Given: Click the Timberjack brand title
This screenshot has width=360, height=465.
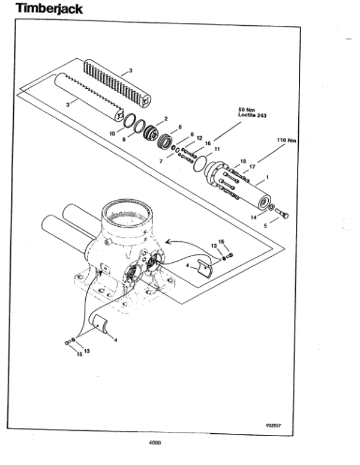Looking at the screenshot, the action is point(49,8).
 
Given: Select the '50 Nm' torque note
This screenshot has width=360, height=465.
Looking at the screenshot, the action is point(247,110).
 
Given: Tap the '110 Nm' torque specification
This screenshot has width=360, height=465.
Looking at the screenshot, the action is point(286,140).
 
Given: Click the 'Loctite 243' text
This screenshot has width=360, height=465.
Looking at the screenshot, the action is point(253,115).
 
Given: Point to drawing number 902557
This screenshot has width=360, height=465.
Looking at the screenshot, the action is point(273,425).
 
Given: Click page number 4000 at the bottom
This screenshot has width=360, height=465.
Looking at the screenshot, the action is point(154,443).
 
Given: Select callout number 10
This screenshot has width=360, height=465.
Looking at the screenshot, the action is point(112,134).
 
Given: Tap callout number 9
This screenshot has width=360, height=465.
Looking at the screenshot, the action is point(124,139).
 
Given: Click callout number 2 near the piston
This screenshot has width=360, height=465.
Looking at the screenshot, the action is point(166,119).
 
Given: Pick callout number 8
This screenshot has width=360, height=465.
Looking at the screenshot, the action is point(180,127).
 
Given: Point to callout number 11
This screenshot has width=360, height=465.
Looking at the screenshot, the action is point(217,149).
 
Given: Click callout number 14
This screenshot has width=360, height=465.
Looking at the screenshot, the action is point(254,217).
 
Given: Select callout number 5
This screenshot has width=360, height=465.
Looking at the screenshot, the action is point(265,226).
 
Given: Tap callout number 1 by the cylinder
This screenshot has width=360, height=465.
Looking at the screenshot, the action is point(267,177).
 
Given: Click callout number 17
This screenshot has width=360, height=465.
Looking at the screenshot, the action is point(252,167).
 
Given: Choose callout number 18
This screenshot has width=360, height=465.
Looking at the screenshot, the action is point(243,161).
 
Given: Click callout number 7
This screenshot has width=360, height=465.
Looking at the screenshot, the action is point(161,161).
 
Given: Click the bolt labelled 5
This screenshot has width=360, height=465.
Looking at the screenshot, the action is point(281,213).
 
